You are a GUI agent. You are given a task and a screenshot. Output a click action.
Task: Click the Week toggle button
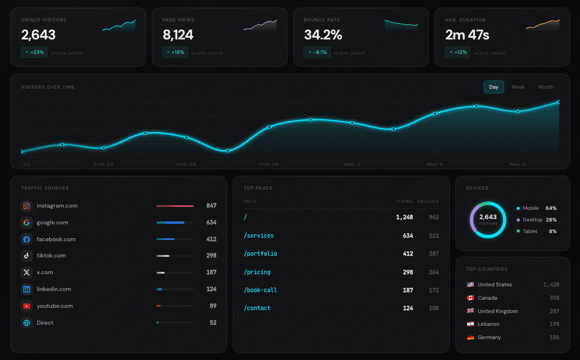[x=518, y=87]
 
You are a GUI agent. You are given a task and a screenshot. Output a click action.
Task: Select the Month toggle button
[x=545, y=87]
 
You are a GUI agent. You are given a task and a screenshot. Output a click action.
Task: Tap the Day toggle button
[x=494, y=87]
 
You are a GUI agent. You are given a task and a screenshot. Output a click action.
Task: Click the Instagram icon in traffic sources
[x=27, y=206]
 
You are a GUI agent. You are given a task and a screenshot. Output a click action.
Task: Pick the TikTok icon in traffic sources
[x=27, y=256]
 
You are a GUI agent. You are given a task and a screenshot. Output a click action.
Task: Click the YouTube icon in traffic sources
[x=27, y=306]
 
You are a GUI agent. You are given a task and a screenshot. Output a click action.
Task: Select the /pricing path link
[x=257, y=272]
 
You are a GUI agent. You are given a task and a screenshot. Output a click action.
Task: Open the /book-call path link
[x=260, y=290]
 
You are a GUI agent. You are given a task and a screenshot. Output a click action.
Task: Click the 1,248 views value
[x=404, y=217]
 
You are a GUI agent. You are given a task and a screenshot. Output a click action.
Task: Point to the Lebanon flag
[x=470, y=324]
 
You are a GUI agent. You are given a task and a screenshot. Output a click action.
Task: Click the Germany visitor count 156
[x=554, y=337]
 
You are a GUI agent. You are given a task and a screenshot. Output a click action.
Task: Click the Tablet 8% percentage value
[x=552, y=231]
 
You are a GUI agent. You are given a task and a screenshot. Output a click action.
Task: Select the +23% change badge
[x=34, y=53]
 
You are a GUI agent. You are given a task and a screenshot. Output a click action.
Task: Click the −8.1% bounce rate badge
[x=317, y=53]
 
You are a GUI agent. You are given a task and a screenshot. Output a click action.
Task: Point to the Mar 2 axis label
[x=352, y=165]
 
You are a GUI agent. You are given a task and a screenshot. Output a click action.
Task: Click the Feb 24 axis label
[x=104, y=165]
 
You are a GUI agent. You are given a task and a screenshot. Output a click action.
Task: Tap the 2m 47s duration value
[x=467, y=35]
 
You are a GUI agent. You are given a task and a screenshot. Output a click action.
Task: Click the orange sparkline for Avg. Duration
[x=542, y=25]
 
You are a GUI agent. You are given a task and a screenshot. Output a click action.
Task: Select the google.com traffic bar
[x=174, y=223]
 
